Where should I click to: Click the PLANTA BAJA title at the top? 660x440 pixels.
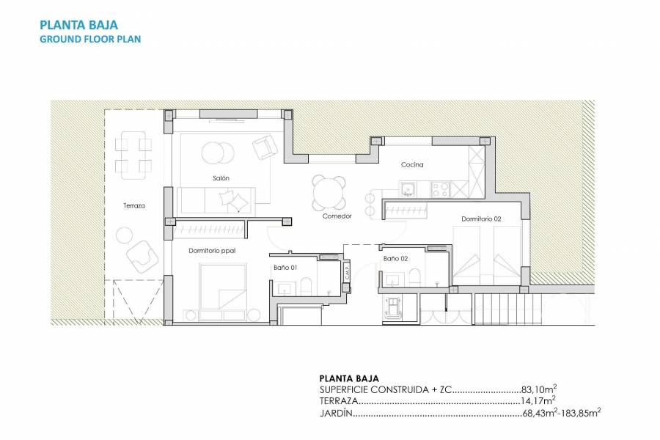click(x=78, y=24)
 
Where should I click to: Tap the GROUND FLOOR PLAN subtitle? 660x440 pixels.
click(x=89, y=39)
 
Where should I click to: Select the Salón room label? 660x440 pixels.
click(x=221, y=178)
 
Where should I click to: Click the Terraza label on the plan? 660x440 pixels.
click(x=134, y=206)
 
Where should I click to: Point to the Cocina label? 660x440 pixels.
click(x=412, y=165)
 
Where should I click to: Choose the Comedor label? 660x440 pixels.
click(x=337, y=216)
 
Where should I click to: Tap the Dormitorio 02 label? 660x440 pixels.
click(x=481, y=219)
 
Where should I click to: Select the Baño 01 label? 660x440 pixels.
click(x=285, y=268)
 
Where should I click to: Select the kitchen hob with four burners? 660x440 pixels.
click(x=441, y=189)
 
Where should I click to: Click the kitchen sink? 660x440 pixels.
click(x=408, y=189)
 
